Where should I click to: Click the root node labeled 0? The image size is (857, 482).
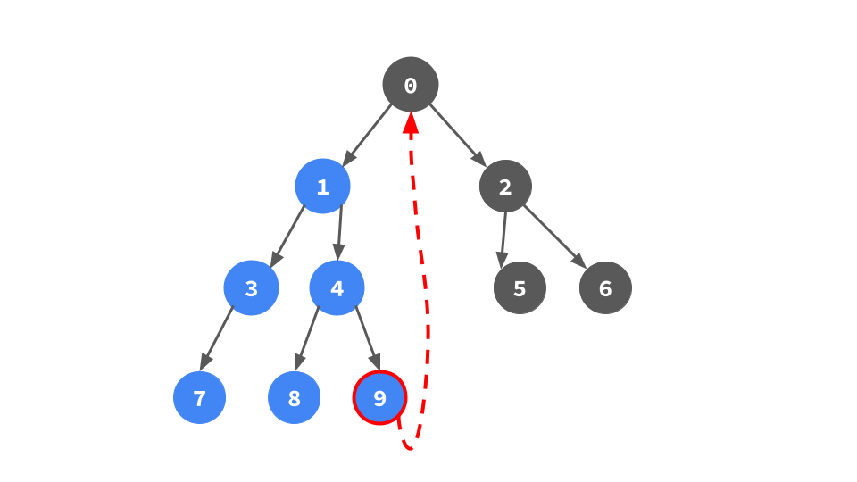point(411,85)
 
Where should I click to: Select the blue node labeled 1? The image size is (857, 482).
point(322,187)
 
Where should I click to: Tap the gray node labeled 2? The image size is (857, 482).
point(505,187)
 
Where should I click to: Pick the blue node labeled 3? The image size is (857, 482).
point(251,288)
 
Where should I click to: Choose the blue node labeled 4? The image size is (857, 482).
point(337,288)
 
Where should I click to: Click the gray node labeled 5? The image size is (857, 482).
point(520,288)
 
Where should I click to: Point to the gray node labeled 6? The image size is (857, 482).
point(605,288)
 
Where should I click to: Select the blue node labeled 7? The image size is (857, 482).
point(199,398)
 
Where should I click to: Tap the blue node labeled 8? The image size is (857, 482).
point(294,398)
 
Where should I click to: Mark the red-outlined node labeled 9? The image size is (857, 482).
point(379,398)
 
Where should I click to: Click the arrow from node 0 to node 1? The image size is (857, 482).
point(367,135)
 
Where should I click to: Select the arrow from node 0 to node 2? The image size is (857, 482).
point(458,136)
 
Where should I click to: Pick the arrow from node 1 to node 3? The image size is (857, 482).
point(287,237)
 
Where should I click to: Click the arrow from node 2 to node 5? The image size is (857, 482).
point(503,237)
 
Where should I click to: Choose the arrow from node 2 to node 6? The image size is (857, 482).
point(554,237)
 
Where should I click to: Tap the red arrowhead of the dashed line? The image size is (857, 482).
point(411,123)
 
